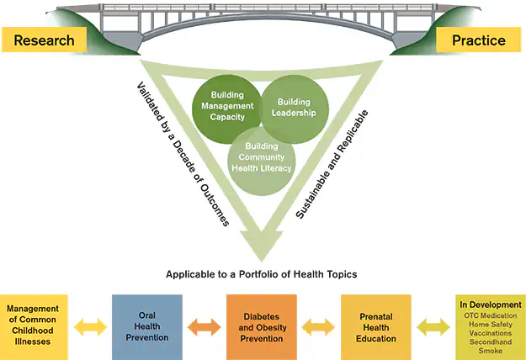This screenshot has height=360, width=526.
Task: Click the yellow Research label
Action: coord(44,40)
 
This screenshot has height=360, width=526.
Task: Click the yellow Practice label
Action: coord(478,40)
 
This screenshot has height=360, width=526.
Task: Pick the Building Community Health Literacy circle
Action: coord(262,156)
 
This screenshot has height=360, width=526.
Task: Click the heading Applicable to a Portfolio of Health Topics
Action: coord(262,274)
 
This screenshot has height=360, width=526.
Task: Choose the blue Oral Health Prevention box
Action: coord(146,326)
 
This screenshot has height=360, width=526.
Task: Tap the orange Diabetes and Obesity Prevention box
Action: coord(262,326)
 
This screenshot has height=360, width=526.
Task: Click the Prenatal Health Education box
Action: coord(375,326)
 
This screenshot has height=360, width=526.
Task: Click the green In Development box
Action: coord(490,326)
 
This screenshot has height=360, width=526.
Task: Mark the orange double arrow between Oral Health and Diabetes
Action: coord(204,326)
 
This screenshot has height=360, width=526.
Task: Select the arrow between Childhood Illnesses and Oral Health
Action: coord(90,326)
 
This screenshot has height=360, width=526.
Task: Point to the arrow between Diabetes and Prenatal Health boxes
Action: coord(319,326)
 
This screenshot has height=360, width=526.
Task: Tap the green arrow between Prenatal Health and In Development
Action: coord(433,326)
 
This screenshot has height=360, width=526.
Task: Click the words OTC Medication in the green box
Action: coord(490,315)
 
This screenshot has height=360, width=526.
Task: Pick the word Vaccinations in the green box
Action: coord(490,332)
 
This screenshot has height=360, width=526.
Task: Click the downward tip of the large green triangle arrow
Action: coord(262,257)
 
